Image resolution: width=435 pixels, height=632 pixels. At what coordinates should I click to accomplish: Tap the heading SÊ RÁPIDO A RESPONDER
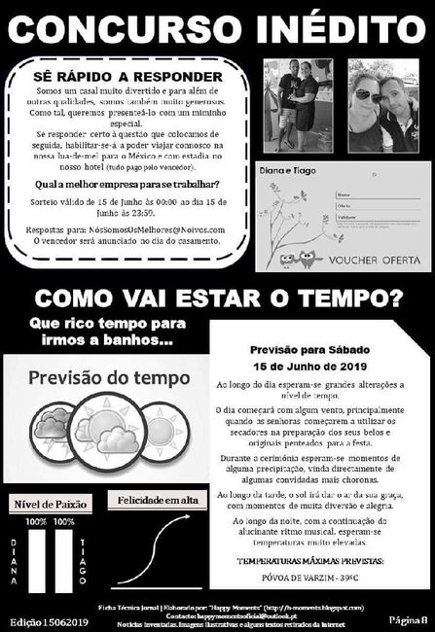click(x=134, y=75)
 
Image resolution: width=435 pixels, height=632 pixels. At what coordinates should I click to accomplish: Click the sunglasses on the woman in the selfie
click(x=369, y=96)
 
